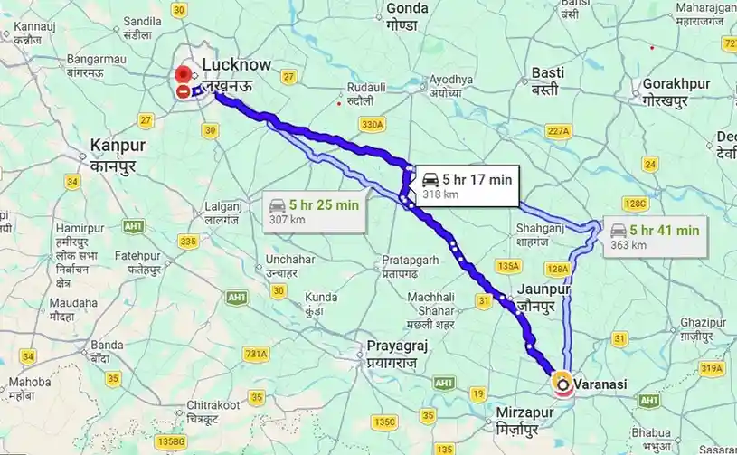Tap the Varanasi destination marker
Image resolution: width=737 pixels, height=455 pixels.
coord(563,384)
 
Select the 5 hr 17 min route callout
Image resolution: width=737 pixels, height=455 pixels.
coord(467,185)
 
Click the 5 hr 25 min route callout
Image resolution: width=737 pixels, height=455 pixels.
coord(313,212)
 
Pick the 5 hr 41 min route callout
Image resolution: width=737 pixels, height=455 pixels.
coord(654,237)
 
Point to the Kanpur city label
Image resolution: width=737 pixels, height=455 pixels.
coord(118,145)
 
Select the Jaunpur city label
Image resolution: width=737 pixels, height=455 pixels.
coord(545,290)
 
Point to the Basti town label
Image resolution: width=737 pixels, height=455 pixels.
coord(548,72)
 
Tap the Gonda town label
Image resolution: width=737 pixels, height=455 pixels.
coord(407,8)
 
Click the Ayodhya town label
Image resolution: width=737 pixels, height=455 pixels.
coord(450,80)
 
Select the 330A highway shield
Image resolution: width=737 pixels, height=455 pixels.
coord(372,124)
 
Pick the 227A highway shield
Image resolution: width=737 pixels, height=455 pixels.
coord(559,131)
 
